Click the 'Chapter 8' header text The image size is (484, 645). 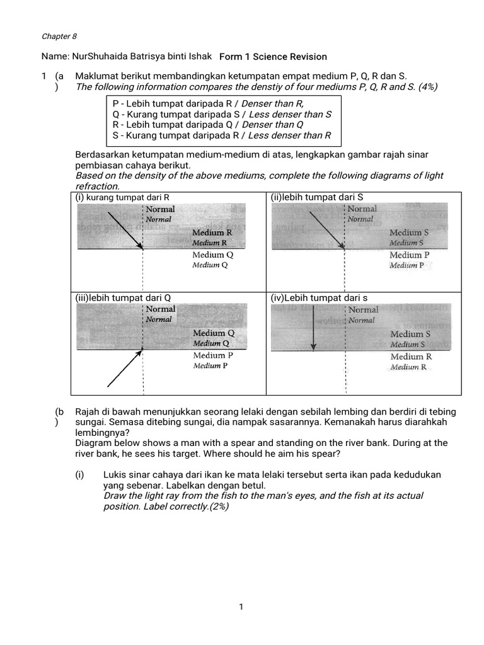point(59,37)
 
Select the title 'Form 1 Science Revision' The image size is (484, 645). point(273,57)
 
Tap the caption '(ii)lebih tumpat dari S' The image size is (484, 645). point(317,197)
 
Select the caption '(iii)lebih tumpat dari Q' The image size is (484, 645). point(124,297)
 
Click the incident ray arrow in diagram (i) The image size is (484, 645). point(125,232)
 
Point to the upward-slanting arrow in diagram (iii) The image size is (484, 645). point(124,368)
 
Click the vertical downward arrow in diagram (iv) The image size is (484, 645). point(313,329)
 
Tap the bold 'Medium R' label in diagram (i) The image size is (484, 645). point(212,232)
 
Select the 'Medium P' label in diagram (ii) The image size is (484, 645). point(410,255)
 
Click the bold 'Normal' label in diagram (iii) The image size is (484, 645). point(161,309)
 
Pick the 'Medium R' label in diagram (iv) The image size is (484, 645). point(411,357)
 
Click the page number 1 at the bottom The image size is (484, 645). point(241,607)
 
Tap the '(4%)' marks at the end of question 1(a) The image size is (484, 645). point(426,86)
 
